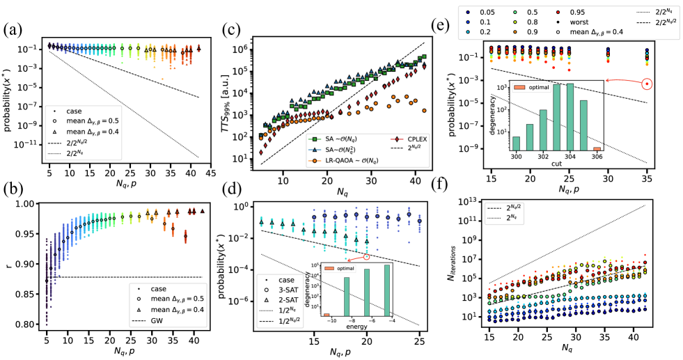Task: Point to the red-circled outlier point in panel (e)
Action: (x=648, y=84)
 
